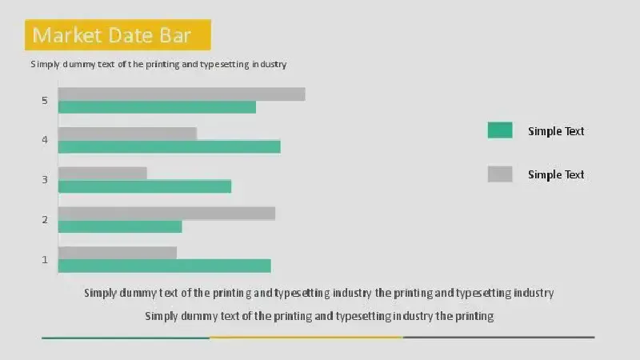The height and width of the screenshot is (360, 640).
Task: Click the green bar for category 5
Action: click(157, 107)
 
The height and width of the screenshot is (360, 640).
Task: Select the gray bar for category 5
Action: click(182, 94)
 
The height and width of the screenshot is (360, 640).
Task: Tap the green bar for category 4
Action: click(170, 147)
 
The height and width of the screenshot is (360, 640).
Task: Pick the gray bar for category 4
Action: click(127, 134)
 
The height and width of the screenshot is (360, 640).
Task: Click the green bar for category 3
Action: click(145, 186)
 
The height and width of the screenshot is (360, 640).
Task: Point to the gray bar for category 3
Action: click(102, 173)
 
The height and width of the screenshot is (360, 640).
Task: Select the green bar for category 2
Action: click(120, 226)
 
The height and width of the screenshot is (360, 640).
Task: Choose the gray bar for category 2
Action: click(166, 214)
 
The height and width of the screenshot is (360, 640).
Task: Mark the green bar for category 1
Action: click(165, 266)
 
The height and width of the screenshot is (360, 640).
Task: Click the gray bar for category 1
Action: click(118, 253)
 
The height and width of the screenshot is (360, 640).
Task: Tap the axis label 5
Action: click(45, 101)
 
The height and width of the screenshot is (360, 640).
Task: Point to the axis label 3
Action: click(45, 179)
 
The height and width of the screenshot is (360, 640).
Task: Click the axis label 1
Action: click(45, 259)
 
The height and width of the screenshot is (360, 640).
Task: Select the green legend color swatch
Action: click(500, 130)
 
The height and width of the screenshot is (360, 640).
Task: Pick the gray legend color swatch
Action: click(500, 174)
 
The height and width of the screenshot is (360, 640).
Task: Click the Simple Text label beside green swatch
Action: click(556, 131)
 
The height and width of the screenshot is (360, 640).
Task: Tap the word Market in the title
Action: click(67, 35)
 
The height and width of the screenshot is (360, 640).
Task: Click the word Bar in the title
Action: click(175, 35)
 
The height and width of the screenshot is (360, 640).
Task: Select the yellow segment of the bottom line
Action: click(306, 338)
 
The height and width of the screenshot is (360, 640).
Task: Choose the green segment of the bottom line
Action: click(126, 338)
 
